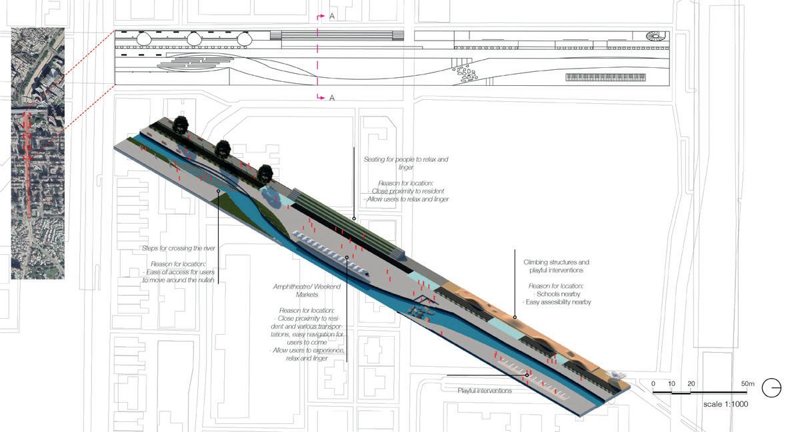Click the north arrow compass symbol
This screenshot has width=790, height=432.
click(x=771, y=387)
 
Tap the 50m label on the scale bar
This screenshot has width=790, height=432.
click(x=747, y=384)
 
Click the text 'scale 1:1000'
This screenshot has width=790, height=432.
click(x=726, y=404)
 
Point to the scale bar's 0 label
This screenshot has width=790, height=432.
click(x=653, y=384)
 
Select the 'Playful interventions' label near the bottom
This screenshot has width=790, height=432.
click(x=485, y=391)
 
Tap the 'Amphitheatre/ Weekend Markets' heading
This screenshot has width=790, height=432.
click(x=307, y=290)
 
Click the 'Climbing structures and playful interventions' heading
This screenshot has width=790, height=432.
click(x=556, y=266)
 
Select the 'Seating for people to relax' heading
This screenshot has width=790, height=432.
click(x=406, y=163)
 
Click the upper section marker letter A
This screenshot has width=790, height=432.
click(x=332, y=16)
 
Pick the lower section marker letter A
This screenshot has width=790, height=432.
click(x=332, y=98)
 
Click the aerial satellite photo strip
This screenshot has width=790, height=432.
click(x=38, y=153)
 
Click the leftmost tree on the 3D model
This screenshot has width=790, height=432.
click(x=180, y=124)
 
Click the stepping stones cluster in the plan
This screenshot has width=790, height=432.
click(x=465, y=73)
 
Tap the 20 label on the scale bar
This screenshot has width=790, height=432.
click(x=691, y=384)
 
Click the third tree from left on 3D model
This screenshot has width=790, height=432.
click(x=265, y=174)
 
